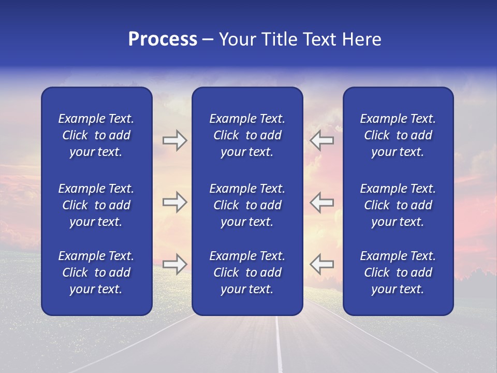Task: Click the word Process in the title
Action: [163, 39]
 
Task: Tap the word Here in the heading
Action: [362, 39]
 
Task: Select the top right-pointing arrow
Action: [174, 140]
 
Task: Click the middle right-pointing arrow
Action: [174, 202]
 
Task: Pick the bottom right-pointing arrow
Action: [174, 264]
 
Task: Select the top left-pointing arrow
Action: [321, 140]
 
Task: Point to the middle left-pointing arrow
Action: [321, 202]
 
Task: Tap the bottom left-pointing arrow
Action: [321, 264]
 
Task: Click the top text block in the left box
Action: [96, 135]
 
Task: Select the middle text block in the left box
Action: [96, 205]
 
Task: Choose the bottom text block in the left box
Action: [96, 272]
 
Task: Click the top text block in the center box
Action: [247, 135]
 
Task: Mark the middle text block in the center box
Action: [247, 205]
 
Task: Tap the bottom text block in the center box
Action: [247, 272]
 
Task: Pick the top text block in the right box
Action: [398, 135]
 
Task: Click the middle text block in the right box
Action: [398, 205]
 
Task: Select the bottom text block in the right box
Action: [398, 272]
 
